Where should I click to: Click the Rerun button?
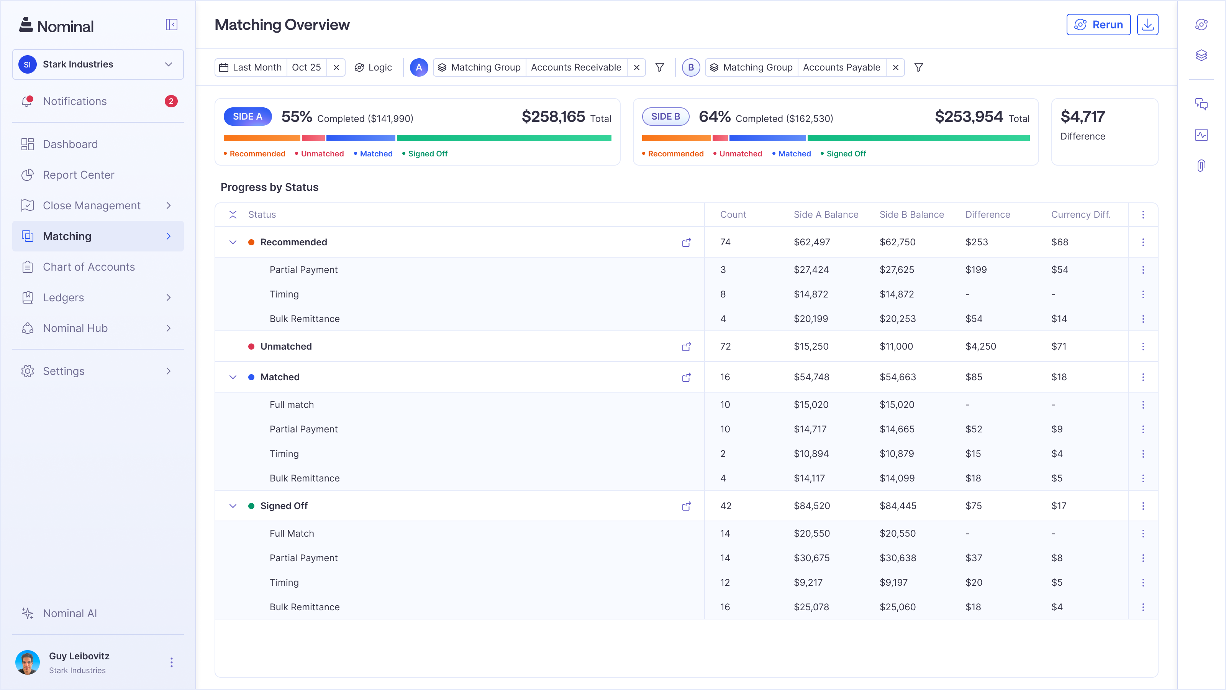coord(1098,25)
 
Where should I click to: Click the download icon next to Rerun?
coord(1147,25)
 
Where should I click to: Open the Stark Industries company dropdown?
coord(98,64)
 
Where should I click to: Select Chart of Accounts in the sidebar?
coord(89,267)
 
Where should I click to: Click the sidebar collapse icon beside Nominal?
coord(171,25)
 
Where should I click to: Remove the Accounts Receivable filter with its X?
coord(636,67)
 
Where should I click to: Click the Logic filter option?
coord(374,67)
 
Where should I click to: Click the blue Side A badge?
coord(247,117)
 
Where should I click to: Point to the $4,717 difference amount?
coord(1083,117)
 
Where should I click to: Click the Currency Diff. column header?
coord(1080,215)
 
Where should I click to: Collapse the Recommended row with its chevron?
coord(233,242)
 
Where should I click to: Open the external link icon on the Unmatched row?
coord(686,347)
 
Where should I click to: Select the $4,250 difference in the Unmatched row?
coord(980,347)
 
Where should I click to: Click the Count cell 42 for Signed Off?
coord(725,506)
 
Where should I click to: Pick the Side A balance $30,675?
coord(811,558)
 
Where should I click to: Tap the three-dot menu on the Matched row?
coord(1143,377)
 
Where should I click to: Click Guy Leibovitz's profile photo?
coord(28,662)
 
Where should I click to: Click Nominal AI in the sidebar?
coord(69,613)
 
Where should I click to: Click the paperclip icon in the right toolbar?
coord(1201,166)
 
